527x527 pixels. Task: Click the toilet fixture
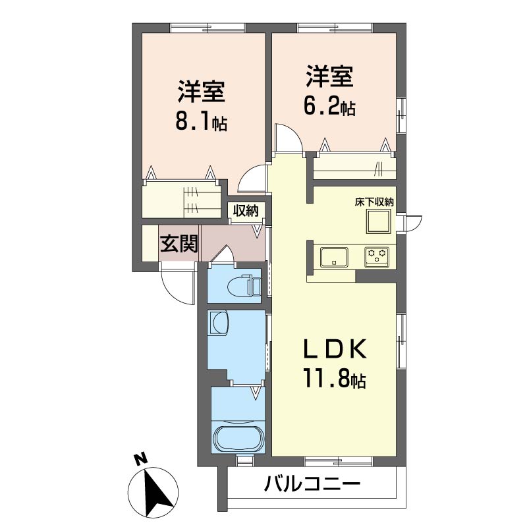pos(244,286)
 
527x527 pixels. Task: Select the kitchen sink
pos(334,258)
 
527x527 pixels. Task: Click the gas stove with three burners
pos(377,257)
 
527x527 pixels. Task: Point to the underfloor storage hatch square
pos(379,221)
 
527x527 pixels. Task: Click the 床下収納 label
pos(374,202)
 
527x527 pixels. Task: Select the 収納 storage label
pos(246,211)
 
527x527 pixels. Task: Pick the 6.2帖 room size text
pos(330,106)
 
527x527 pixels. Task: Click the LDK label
pos(334,350)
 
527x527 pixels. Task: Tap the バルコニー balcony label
pos(312,484)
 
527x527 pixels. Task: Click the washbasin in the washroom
pos(219,322)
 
